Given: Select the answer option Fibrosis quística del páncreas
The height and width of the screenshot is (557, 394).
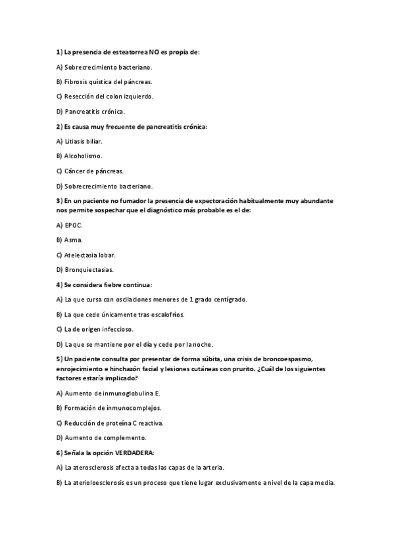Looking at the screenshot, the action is tap(108, 81).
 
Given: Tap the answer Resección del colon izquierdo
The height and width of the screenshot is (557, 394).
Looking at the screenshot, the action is tap(109, 97).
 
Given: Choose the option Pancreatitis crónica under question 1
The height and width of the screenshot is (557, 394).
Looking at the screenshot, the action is tap(94, 111).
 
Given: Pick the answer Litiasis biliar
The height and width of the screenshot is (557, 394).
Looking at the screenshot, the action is tap(83, 141).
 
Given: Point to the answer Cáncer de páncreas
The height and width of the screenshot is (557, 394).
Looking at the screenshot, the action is tap(94, 171).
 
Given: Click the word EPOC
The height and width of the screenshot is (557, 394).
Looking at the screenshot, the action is tap(74, 225).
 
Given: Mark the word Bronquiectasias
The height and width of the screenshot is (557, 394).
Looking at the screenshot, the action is tap(89, 269).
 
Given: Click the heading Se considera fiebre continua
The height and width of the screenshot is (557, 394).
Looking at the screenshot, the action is tap(108, 284).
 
